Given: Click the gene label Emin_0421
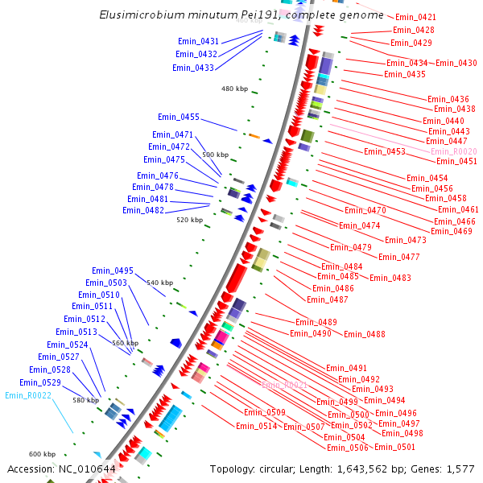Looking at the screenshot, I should (x=416, y=17).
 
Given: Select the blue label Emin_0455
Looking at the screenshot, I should (x=179, y=117).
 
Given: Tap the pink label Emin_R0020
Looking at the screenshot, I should (x=454, y=151).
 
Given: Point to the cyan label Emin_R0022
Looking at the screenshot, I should (x=28, y=395).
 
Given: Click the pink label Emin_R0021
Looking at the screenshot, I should (x=284, y=385).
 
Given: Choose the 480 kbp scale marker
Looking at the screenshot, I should (x=235, y=89).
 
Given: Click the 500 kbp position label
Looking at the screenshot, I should (x=215, y=155).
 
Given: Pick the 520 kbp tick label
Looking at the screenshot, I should (x=189, y=220).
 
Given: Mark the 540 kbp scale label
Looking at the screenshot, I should (x=159, y=283).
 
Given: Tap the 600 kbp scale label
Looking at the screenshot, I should (x=42, y=454).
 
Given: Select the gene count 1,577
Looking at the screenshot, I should (x=460, y=469).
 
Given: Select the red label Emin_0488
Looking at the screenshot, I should (x=365, y=334).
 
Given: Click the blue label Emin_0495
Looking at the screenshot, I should (x=113, y=270).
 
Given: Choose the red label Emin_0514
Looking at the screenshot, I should (x=257, y=426).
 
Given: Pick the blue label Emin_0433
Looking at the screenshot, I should (x=193, y=68).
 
